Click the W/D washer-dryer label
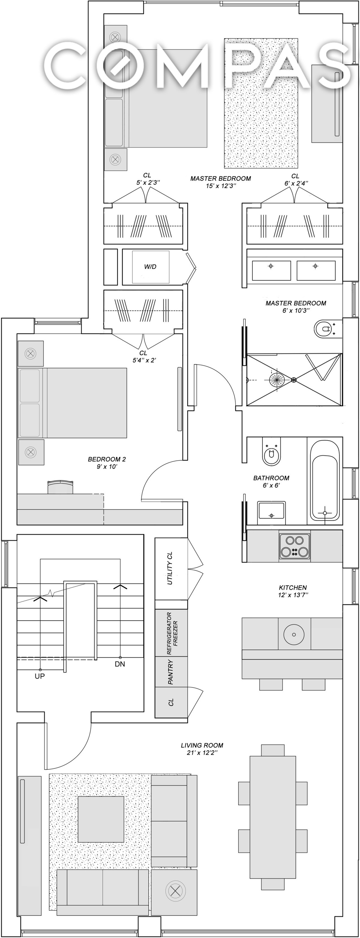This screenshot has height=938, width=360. click(150, 267)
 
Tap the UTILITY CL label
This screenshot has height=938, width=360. click(169, 568)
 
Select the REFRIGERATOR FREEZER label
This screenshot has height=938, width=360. click(172, 634)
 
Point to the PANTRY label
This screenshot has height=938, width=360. click(170, 672)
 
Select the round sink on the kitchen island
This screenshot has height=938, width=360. click(293, 634)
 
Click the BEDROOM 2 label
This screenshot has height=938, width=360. click(107, 459)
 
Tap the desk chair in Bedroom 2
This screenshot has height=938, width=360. click(60, 487)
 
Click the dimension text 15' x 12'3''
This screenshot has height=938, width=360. click(220, 186)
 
